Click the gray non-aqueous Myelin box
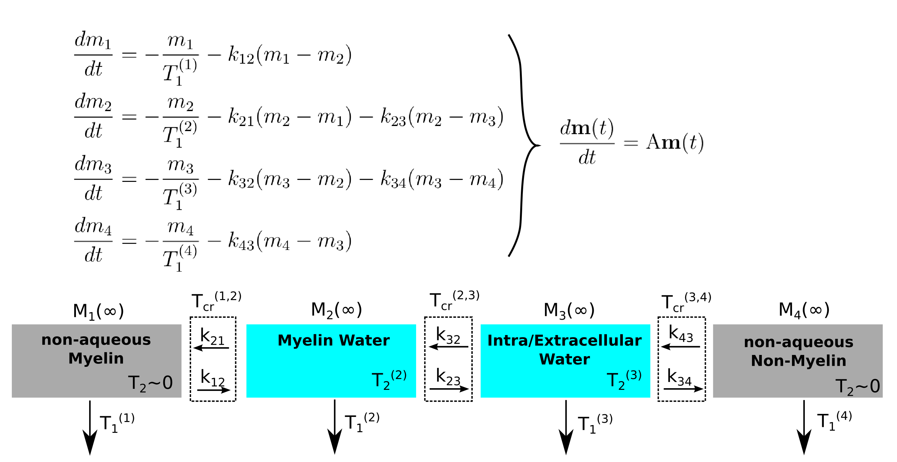coord(97,361)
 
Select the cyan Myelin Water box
coord(331,361)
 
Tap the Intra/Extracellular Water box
coord(565,361)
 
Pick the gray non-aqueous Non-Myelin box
coord(797,361)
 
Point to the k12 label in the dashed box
coord(212,378)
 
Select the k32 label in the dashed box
coord(448,336)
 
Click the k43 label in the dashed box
coord(681,334)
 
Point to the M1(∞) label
coord(98,311)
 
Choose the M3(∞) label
coord(569,310)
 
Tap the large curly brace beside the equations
coord(522,145)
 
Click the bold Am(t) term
coord(675,142)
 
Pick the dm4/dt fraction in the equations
coord(93,240)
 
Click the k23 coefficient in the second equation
coord(393,117)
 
